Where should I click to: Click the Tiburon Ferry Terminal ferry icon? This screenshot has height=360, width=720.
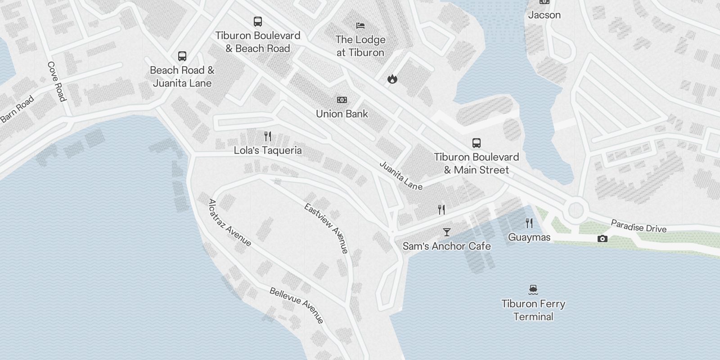[x=533, y=289]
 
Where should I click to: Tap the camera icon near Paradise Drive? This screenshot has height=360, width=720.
[x=602, y=238]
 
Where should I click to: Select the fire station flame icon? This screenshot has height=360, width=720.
[x=392, y=79]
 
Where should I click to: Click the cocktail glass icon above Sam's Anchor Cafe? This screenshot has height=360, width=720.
[x=446, y=232]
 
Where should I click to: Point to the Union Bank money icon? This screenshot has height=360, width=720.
[x=342, y=100]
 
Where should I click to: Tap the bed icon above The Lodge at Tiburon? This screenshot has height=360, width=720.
[x=360, y=26]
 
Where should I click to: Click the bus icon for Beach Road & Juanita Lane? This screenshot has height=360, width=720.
[x=182, y=56]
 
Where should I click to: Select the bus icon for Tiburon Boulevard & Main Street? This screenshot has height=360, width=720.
[x=476, y=143]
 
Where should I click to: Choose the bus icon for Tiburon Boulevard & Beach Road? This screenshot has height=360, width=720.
[x=257, y=22]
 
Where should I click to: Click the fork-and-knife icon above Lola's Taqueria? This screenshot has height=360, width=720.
[x=267, y=136]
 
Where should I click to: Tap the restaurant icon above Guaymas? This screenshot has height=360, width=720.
[x=529, y=223]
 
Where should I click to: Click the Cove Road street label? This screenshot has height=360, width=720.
[x=57, y=81]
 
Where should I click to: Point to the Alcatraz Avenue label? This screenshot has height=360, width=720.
[x=229, y=223]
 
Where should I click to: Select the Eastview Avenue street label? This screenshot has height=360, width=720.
[x=326, y=229]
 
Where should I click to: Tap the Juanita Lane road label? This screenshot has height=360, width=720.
[x=401, y=175]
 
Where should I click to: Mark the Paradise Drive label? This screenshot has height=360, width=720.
[x=638, y=226]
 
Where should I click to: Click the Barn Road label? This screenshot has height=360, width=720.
[x=17, y=109]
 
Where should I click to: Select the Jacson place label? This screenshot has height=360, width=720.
[x=544, y=15]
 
